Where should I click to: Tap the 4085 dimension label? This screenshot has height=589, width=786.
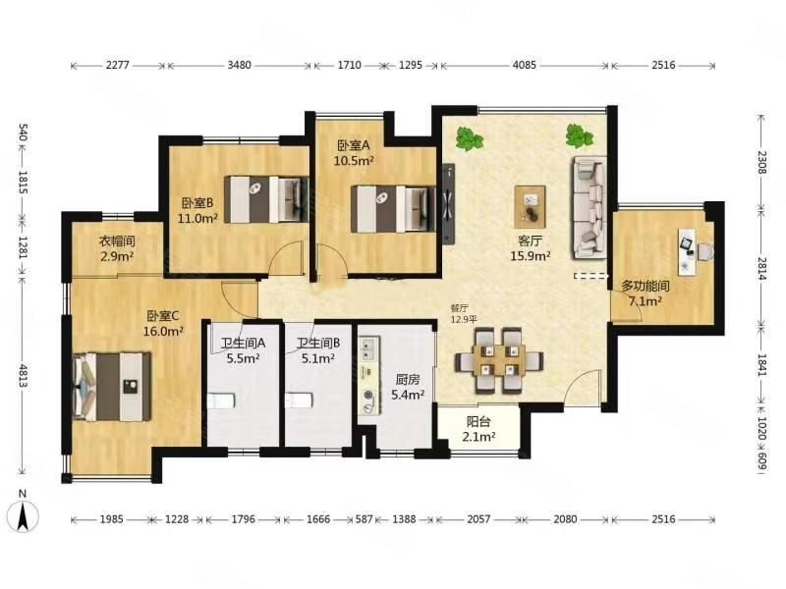[525, 65]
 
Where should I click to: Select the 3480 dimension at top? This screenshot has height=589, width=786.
[239, 65]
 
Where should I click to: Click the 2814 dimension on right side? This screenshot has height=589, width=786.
[762, 270]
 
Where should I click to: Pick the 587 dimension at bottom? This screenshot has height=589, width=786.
[365, 519]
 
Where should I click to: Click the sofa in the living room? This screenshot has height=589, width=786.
[589, 208]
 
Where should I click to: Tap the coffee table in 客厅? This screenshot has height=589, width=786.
[530, 206]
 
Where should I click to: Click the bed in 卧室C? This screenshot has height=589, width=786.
[112, 387]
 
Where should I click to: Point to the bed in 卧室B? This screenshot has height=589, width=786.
[266, 199]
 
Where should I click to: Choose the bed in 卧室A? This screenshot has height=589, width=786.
[393, 209]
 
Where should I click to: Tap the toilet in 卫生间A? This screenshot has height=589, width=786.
[221, 402]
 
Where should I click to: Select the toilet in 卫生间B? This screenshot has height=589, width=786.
[300, 401]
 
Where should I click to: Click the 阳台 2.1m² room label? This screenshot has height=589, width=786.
[478, 429]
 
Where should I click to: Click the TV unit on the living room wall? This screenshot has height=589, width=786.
[449, 204]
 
